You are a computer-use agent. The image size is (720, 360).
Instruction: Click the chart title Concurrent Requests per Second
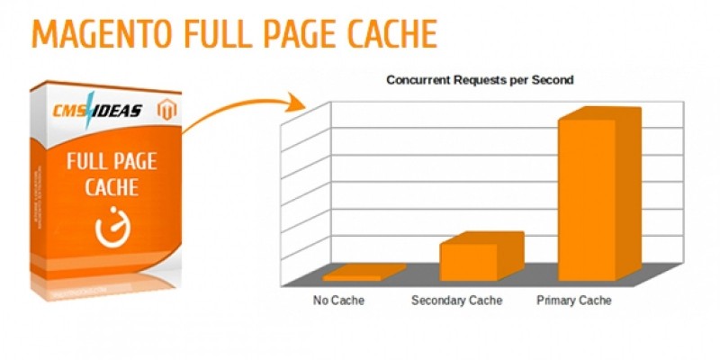pyautogui.click(x=480, y=80)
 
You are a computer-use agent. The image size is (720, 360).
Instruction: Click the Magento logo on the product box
pyautogui.click(x=165, y=109)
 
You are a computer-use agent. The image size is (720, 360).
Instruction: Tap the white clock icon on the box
pyautogui.click(x=112, y=228)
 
